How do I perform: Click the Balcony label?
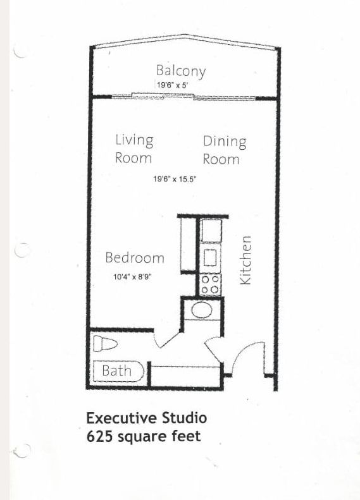pyautogui.click(x=181, y=71)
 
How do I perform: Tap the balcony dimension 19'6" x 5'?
pyautogui.click(x=173, y=85)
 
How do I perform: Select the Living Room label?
pyautogui.click(x=134, y=149)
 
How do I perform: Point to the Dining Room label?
pyautogui.click(x=225, y=150)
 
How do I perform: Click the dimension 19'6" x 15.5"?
pyautogui.click(x=175, y=179)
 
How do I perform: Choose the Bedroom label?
pyautogui.click(x=135, y=258)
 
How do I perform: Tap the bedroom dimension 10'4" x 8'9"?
pyautogui.click(x=132, y=277)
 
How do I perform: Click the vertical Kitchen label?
pyautogui.click(x=245, y=260)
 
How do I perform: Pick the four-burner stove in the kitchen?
pyautogui.click(x=210, y=284)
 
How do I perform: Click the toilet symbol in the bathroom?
pyautogui.click(x=105, y=344)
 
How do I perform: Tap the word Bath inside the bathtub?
pyautogui.click(x=116, y=370)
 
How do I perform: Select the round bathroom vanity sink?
pyautogui.click(x=202, y=310)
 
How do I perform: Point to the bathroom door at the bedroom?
pyautogui.click(x=166, y=341)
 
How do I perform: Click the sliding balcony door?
pyautogui.click(x=184, y=96)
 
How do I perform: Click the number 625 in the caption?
pyautogui.click(x=99, y=436)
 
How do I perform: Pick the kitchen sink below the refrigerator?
pyautogui.click(x=210, y=258)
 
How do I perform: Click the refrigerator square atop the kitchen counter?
pyautogui.click(x=211, y=230)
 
